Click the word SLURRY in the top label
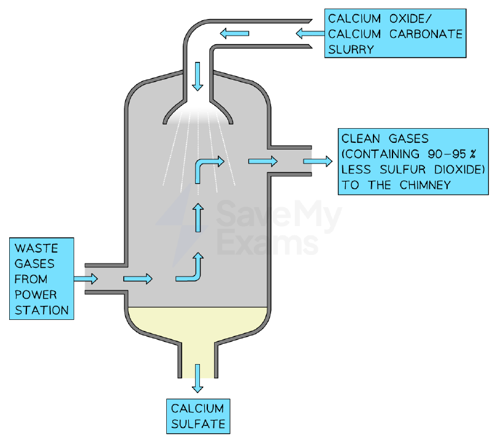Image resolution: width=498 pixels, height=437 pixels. pos(351,50)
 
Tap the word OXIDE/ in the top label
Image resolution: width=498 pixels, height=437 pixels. pos(411,19)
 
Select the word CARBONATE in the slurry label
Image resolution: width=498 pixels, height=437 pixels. pos(426,34)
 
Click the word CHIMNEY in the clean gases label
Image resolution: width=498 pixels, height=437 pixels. pos(425,185)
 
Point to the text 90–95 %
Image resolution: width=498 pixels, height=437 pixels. pos(451,154)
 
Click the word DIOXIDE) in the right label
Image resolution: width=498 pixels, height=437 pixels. pos(459,170)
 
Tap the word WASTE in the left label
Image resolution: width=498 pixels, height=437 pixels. pos(36,248)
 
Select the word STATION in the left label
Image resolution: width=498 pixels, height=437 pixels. pos(42,310)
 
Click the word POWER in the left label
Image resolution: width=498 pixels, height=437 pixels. pos(36,295)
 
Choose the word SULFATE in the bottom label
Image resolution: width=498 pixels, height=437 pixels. pos(198,424)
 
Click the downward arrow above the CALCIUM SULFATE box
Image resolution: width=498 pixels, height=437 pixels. pos(197,378)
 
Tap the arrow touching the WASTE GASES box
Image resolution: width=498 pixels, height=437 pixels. pos(86,279)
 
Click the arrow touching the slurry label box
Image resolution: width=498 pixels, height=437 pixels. pos(310,33)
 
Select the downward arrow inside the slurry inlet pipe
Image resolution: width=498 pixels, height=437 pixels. pos(197,77)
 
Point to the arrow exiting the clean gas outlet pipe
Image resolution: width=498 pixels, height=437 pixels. pos(318,162)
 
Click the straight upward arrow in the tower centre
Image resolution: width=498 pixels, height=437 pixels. pos(198,218)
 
